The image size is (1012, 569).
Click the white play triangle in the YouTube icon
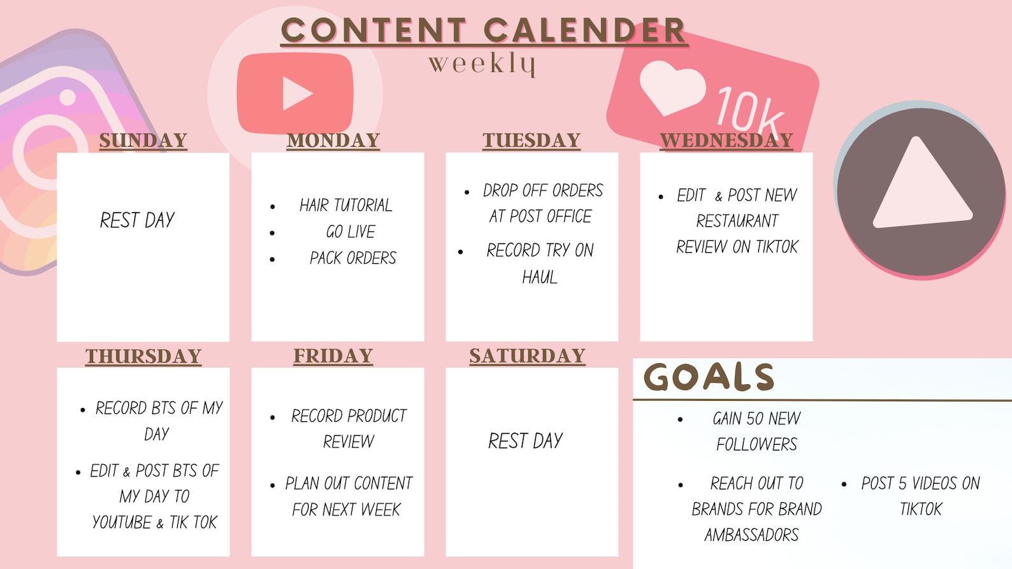(x=296, y=94)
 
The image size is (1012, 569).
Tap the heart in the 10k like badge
(x=672, y=88)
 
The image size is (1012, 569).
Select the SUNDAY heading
(x=143, y=140)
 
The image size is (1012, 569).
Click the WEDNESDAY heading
(x=726, y=140)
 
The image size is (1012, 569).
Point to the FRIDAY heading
(x=333, y=356)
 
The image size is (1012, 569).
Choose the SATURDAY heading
(x=527, y=356)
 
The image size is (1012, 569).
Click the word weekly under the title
(x=482, y=64)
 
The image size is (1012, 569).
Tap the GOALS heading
(x=709, y=377)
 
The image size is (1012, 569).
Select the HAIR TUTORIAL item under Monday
(x=346, y=205)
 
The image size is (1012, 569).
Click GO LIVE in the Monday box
(x=351, y=232)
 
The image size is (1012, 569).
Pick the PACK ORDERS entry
(x=353, y=258)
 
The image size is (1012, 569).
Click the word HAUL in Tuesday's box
(x=540, y=277)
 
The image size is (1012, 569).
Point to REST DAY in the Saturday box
(x=526, y=441)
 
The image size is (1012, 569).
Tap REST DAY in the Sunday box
(x=137, y=220)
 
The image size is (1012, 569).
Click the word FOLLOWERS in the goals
(x=756, y=444)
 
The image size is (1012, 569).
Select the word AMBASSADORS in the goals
(x=751, y=535)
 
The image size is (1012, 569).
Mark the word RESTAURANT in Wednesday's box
(x=737, y=221)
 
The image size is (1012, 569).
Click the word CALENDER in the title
(x=584, y=30)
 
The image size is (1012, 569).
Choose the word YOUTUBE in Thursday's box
(x=122, y=522)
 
